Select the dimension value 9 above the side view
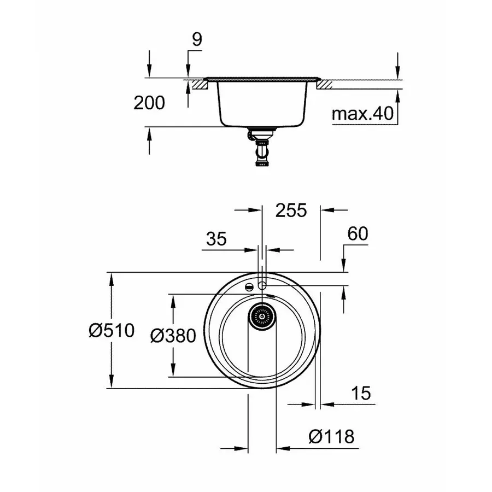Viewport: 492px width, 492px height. point(197,39)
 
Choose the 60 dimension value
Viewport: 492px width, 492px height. point(357,233)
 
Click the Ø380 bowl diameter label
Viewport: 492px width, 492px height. point(173,335)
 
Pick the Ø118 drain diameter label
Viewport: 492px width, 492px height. point(331,436)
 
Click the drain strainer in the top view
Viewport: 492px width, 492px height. point(262,315)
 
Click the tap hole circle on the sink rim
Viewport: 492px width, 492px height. point(262,285)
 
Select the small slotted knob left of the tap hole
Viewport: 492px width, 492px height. point(249,286)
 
